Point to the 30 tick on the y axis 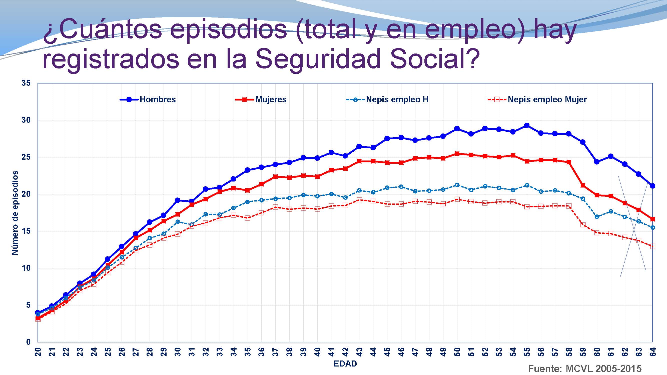(26, 120)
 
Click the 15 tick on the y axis (26, 231)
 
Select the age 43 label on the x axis (359, 352)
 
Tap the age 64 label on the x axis (653, 352)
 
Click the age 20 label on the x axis (38, 352)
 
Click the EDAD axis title (345, 363)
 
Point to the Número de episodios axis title (15, 212)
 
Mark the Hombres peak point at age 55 (527, 125)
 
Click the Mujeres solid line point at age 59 (583, 185)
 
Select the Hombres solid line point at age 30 (177, 200)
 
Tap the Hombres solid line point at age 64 (652, 186)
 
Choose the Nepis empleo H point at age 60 (597, 216)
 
